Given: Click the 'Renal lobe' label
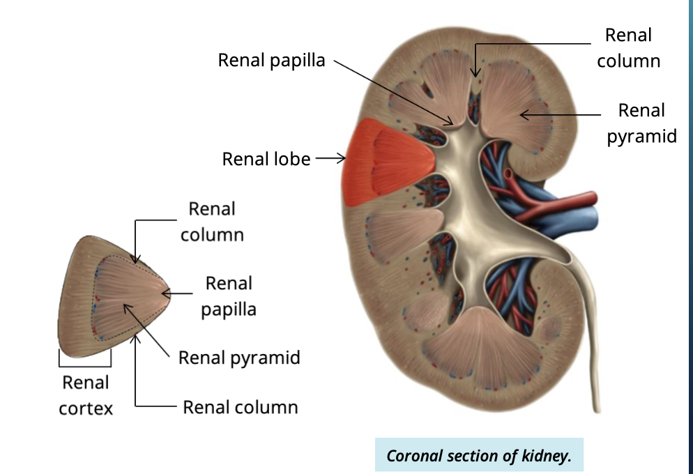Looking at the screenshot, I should click(266, 159).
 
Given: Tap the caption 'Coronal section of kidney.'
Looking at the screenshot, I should click(478, 457).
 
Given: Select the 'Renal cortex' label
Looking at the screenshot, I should click(86, 395).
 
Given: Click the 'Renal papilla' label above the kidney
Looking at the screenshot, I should click(271, 61).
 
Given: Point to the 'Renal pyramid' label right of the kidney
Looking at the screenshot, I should click(641, 123).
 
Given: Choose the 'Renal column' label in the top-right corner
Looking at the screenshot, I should click(628, 48).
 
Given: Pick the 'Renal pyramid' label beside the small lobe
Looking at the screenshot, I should click(239, 358).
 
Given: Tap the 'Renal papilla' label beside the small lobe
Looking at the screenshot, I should click(229, 296).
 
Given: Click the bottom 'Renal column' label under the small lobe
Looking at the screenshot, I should click(240, 407).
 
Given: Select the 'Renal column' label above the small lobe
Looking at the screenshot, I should click(212, 222).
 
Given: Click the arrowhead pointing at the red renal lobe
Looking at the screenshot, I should click(341, 159).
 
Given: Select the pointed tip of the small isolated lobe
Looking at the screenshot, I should click(167, 293).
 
